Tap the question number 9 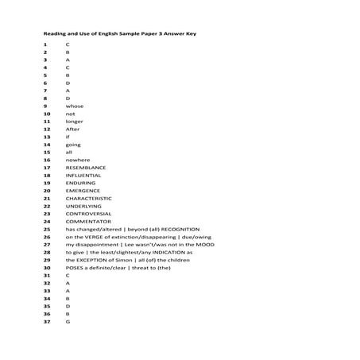coord(45,106)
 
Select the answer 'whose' coord(74,106)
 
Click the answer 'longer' coord(75,121)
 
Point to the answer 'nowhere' coord(78,160)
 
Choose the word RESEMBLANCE coord(85,168)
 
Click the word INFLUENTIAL coord(83,175)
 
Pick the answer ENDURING coord(80,183)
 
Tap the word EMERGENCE coord(83,191)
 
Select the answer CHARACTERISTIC coord(88,198)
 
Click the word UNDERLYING coord(83,206)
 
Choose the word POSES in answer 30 coord(75,267)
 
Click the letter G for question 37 coord(68,321)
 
